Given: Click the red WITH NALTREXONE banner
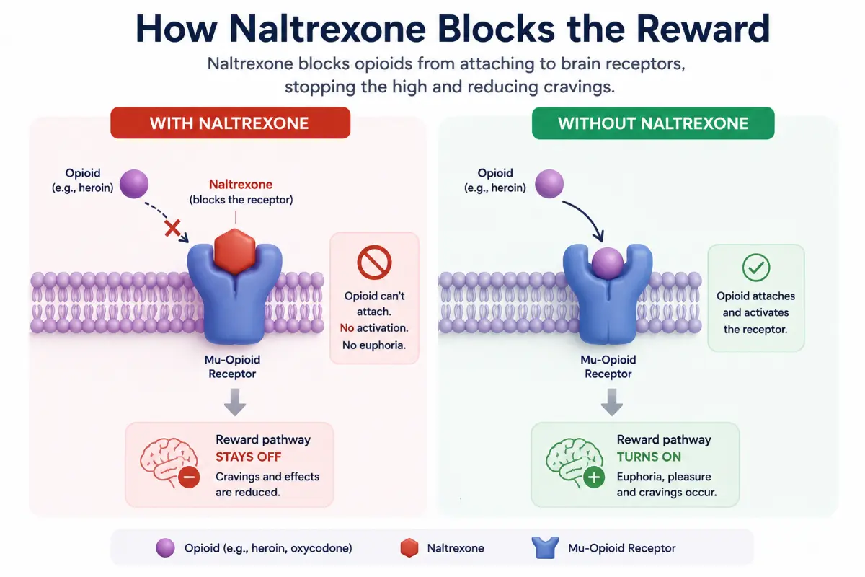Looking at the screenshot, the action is coord(230,123).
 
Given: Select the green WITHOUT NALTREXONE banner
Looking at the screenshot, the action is coord(653,123).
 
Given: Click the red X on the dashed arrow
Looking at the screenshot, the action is coord(172,228).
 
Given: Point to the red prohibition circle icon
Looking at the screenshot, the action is coord(374,262).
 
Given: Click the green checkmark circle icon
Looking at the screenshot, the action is coord(755,268).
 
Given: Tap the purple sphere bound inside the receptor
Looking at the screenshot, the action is coord(608,263).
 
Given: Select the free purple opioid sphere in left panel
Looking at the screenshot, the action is coord(134,184).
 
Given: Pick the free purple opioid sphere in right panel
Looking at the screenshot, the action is coord(549,184).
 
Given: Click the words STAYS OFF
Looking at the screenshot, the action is coord(248,457).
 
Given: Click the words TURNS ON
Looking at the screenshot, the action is coord(649,457).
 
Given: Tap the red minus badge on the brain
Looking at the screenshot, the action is coord(189,477).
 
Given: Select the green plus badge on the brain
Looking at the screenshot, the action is coord(593,477).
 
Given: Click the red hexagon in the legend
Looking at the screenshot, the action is coord(409,548).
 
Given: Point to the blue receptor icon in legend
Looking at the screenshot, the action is coord(545,547).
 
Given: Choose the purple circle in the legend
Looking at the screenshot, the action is coord(165,548).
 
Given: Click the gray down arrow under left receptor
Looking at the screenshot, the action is coord(235,402).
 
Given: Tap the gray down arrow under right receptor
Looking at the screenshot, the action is coord(612,402).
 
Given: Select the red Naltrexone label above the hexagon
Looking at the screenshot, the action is coord(241,185).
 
